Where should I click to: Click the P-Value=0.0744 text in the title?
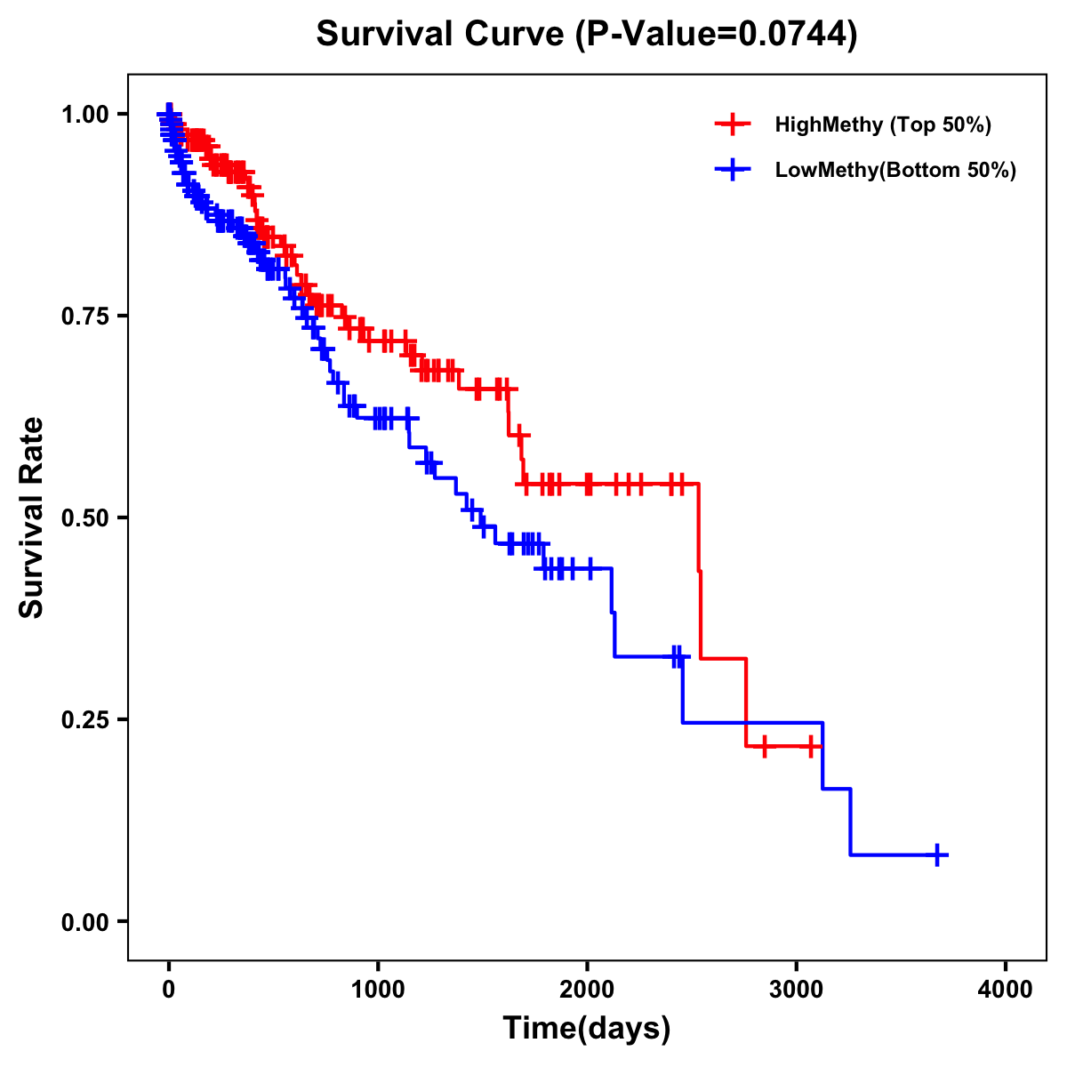716,35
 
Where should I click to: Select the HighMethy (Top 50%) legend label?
882,124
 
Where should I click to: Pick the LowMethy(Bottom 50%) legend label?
895,170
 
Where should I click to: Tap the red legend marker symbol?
733,124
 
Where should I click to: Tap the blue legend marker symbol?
733,170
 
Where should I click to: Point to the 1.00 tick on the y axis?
85,114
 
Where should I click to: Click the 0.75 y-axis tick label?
85,316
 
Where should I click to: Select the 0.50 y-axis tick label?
85,517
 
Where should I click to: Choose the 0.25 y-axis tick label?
85,719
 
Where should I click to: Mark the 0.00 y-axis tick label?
85,921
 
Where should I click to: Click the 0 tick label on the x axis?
169,990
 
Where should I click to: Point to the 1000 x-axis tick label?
378,990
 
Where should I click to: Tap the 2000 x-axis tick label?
587,990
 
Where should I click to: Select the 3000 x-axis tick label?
797,990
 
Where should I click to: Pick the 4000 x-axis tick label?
1006,990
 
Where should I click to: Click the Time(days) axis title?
587,1029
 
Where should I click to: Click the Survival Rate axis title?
32,517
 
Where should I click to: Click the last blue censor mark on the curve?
936,854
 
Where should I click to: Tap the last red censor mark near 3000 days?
812,746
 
